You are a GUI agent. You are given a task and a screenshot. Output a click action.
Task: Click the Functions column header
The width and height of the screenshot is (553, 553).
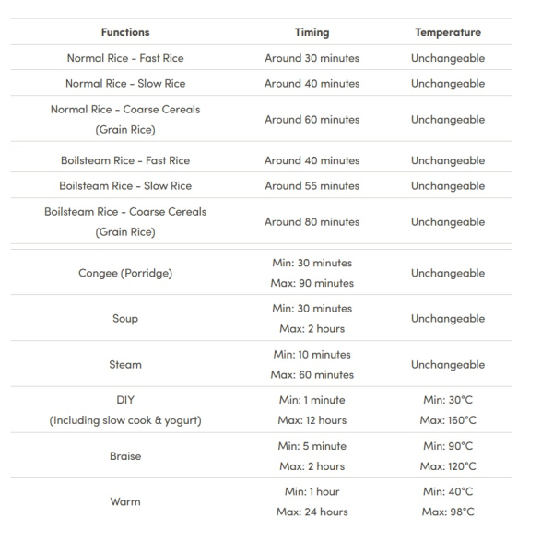pyautogui.click(x=125, y=32)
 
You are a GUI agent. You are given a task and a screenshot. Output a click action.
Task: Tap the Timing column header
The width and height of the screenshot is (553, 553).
pyautogui.click(x=312, y=32)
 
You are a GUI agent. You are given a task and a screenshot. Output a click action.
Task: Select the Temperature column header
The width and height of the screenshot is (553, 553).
pyautogui.click(x=448, y=32)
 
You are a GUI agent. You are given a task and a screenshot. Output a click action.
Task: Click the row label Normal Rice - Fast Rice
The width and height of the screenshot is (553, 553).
pyautogui.click(x=125, y=58)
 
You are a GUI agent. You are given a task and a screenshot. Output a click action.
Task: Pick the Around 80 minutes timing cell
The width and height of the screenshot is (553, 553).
pyautogui.click(x=312, y=222)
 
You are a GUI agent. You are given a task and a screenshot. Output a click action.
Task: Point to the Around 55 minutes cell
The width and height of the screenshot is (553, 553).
pyautogui.click(x=312, y=186)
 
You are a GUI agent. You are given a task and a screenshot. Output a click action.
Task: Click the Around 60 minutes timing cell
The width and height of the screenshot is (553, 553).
pyautogui.click(x=312, y=120)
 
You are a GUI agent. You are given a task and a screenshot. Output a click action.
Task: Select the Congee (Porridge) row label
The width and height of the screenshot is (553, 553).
pyautogui.click(x=125, y=274)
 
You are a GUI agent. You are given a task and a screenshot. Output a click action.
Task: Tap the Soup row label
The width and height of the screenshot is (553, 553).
pyautogui.click(x=125, y=319)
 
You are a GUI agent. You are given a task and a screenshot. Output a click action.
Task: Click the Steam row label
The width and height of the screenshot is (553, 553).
pyautogui.click(x=125, y=365)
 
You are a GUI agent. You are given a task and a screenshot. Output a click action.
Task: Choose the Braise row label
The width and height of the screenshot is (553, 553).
pyautogui.click(x=125, y=456)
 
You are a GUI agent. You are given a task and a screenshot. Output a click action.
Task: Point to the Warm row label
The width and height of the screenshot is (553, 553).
pyautogui.click(x=125, y=502)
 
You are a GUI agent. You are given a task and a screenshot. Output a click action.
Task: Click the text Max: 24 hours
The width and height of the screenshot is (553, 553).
pyautogui.click(x=312, y=512)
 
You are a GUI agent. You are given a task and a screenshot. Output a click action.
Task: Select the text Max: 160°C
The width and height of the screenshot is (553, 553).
pyautogui.click(x=448, y=421)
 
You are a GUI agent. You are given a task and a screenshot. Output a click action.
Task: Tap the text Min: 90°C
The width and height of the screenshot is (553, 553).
pyautogui.click(x=448, y=446)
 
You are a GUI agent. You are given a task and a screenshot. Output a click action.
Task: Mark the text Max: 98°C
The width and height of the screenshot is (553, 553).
pyautogui.click(x=448, y=512)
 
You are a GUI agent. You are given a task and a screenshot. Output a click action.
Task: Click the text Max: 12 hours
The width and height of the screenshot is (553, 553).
pyautogui.click(x=312, y=421)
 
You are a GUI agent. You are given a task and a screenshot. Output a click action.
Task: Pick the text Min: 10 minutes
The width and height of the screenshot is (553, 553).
pyautogui.click(x=312, y=355)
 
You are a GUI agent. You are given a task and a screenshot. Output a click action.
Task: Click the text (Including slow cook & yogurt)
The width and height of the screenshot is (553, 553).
pyautogui.click(x=125, y=421)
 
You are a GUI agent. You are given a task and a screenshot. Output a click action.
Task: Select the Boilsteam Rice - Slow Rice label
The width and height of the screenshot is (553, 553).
pyautogui.click(x=125, y=186)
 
